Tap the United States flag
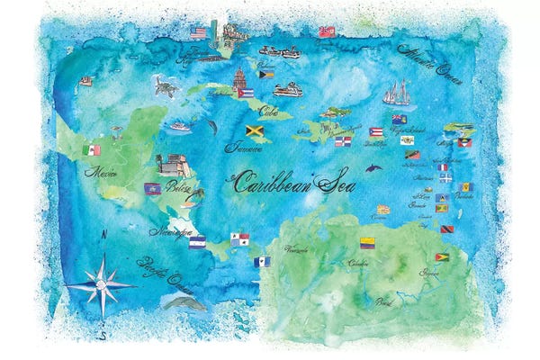click(x=198, y=33)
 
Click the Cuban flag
click(x=245, y=92)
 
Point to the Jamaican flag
click(x=254, y=130)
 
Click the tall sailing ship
click(x=397, y=93)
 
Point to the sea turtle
click(x=165, y=86)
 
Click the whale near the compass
click(x=184, y=302)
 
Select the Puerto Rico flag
click(x=376, y=132)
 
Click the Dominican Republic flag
click(x=343, y=141)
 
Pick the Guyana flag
click(x=442, y=257)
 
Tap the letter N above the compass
click(x=104, y=235)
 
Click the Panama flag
click(x=263, y=262)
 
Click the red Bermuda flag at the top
click(x=327, y=31)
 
